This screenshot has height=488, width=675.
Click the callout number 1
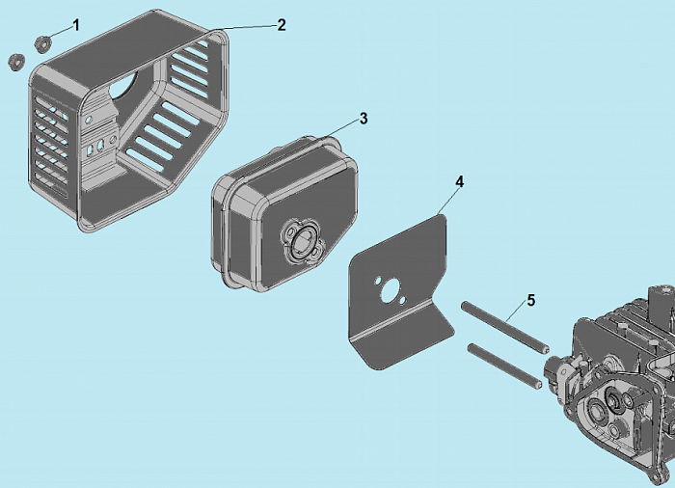(76, 25)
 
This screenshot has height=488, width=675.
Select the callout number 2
(282, 25)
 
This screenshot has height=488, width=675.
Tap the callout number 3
(364, 119)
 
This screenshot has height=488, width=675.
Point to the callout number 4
(460, 182)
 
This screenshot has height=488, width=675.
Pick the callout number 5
(530, 301)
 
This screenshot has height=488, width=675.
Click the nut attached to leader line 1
(43, 44)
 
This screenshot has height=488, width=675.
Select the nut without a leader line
(16, 62)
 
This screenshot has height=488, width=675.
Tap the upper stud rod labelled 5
(505, 327)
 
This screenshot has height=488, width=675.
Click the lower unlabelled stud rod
(504, 367)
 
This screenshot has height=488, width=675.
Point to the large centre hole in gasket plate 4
(391, 290)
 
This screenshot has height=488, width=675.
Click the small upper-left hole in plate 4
(378, 282)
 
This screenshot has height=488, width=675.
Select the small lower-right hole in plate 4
(402, 300)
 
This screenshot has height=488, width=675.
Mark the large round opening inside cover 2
(124, 84)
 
